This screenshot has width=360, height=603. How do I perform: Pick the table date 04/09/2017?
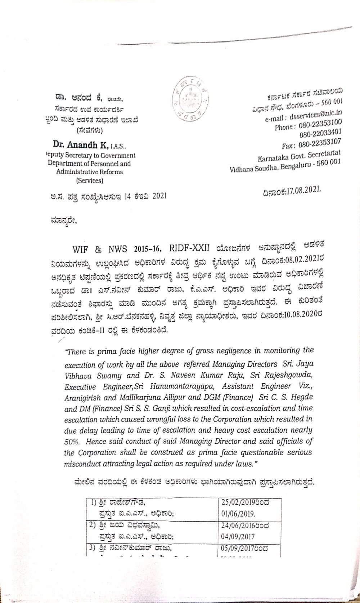235,536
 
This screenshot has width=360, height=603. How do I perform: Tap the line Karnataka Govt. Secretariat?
300,156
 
